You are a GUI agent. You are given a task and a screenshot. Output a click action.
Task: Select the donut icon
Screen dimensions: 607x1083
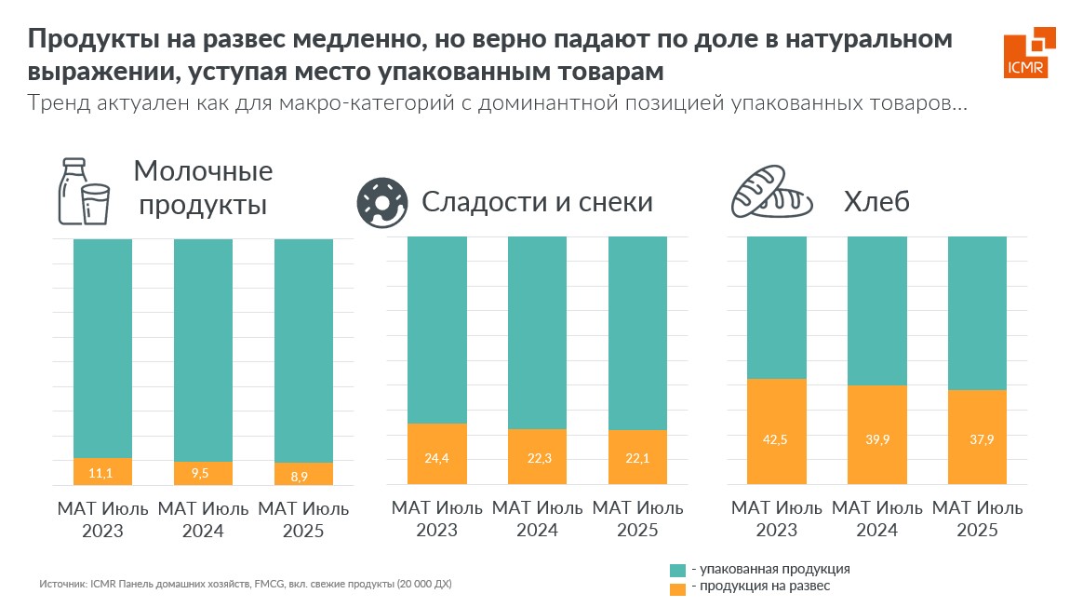pyautogui.click(x=381, y=201)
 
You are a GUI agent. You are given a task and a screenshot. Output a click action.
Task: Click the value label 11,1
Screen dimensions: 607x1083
pyautogui.click(x=101, y=473)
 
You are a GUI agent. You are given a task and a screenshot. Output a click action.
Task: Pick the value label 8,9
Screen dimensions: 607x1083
pyautogui.click(x=302, y=475)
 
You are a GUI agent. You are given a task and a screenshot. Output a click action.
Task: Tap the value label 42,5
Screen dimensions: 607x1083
pyautogui.click(x=777, y=439)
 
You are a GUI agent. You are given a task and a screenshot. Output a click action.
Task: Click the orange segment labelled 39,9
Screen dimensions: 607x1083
pyautogui.click(x=876, y=435)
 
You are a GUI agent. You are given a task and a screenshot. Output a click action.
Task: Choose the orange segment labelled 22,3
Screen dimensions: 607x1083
pyautogui.click(x=537, y=456)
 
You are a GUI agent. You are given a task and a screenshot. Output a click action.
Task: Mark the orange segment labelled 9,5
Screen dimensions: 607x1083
pyautogui.click(x=203, y=473)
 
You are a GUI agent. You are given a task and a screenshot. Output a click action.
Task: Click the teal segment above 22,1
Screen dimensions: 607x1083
pyautogui.click(x=637, y=333)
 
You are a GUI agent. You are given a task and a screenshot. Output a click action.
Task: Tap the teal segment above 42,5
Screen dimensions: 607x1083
pyautogui.click(x=777, y=307)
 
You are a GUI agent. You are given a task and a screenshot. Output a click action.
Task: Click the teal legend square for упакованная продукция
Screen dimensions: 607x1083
pyautogui.click(x=676, y=569)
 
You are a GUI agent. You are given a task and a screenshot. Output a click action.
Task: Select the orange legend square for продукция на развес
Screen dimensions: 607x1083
pyautogui.click(x=676, y=587)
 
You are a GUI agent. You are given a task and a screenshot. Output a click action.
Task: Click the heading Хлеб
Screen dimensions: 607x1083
pyautogui.click(x=876, y=201)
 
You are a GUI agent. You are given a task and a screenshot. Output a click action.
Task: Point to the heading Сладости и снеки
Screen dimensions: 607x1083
pyautogui.click(x=537, y=201)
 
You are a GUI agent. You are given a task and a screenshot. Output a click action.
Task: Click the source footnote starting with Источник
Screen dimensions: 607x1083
pyautogui.click(x=246, y=585)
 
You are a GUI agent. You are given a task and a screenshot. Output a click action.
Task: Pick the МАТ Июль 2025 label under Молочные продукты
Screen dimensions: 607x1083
pyautogui.click(x=302, y=520)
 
